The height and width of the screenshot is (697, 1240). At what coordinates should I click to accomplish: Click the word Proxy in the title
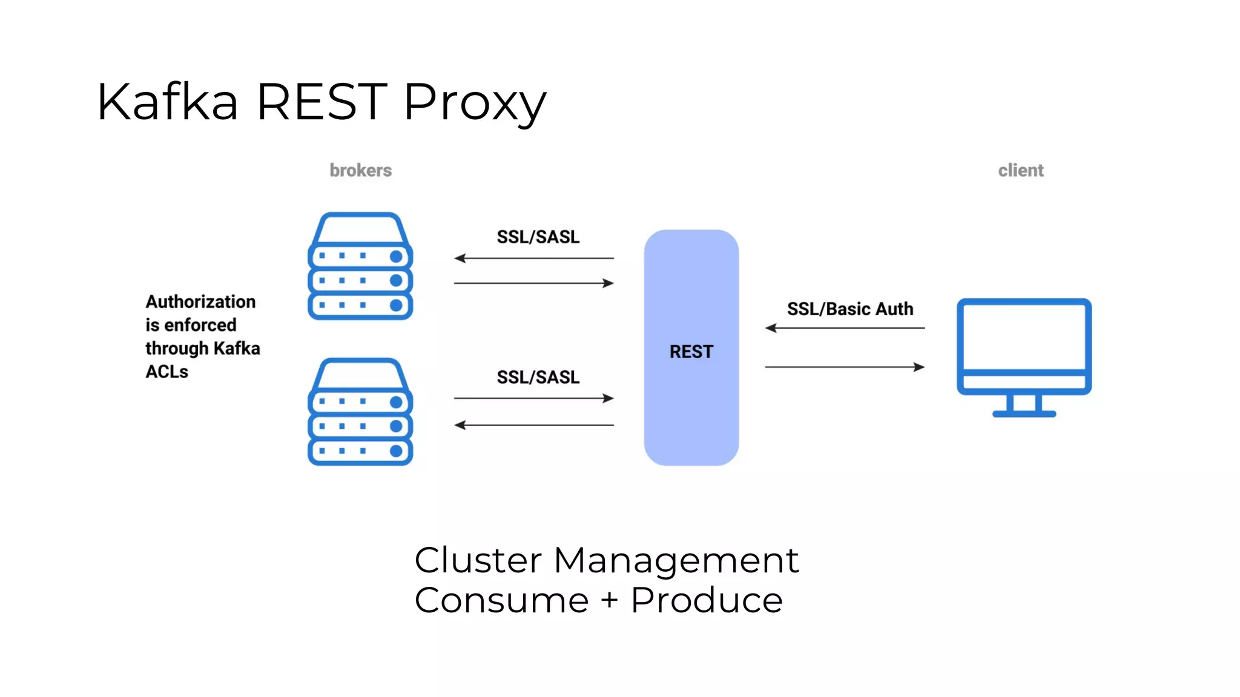(x=475, y=103)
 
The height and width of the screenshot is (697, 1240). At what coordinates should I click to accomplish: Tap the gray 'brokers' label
(x=360, y=171)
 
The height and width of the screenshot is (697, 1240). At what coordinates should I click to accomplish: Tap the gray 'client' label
(x=1021, y=171)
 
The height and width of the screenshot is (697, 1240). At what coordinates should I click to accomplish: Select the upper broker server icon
(x=360, y=266)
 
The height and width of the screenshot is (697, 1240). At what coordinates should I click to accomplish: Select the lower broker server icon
(x=360, y=412)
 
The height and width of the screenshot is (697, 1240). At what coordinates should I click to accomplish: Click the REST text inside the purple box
(x=691, y=352)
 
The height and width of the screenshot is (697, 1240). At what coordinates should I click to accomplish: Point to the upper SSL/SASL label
(x=538, y=237)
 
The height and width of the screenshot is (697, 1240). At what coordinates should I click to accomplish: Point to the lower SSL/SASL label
(x=538, y=378)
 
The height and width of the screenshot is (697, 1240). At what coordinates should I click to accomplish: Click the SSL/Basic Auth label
(x=849, y=309)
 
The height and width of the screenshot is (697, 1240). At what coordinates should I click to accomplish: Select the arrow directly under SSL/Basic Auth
(x=845, y=328)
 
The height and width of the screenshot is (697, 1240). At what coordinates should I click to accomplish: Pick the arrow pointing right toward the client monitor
(x=845, y=367)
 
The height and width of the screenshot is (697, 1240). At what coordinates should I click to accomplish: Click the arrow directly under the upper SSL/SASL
(x=534, y=258)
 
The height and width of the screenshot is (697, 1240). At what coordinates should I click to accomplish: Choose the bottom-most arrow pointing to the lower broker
(x=534, y=425)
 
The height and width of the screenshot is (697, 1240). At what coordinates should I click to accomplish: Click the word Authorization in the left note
(x=200, y=302)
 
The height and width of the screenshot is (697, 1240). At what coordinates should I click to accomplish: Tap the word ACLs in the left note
(x=167, y=371)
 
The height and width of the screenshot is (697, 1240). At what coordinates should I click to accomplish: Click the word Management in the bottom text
(x=676, y=560)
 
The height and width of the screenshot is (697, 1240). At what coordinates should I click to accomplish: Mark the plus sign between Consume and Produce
(x=610, y=600)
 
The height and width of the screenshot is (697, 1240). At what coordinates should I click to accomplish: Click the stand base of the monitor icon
(x=1024, y=414)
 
